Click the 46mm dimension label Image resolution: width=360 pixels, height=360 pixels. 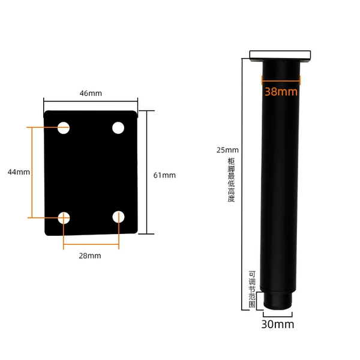pos(91,94)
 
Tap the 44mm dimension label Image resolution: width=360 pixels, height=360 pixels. pos(19,172)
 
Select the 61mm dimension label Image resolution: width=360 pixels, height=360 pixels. pos(164,175)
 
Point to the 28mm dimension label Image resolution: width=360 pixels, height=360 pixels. pos(90,256)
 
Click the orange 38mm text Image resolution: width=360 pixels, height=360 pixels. pos(281,91)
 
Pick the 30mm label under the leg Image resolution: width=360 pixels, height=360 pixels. pos(278,324)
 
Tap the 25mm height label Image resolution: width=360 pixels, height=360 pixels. pos(227,150)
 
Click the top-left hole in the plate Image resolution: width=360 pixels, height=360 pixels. pos(64,128)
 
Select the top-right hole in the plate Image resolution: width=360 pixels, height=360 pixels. pos(118,128)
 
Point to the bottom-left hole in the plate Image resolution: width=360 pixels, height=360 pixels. pos(64,218)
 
